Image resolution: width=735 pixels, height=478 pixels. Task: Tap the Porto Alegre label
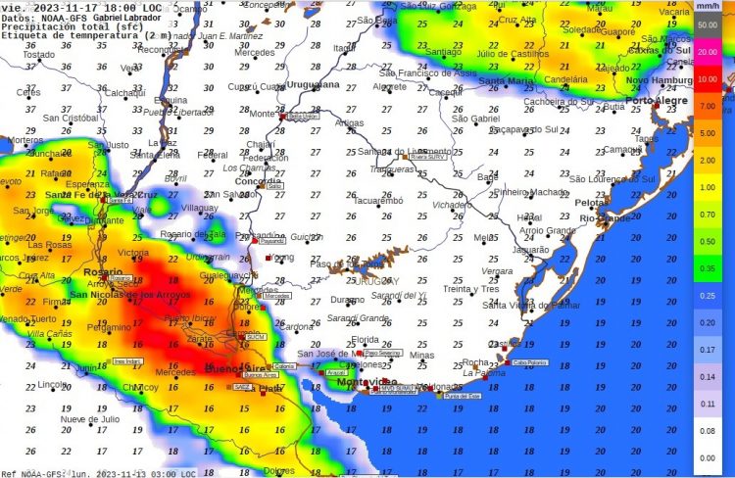[x=655, y=101]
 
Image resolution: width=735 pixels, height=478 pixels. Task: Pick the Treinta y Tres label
[x=471, y=289]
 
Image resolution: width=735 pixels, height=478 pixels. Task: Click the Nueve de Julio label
[x=89, y=419]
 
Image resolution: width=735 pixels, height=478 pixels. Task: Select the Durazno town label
[x=346, y=299]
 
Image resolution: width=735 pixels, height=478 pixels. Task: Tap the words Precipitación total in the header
[x=49, y=26]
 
